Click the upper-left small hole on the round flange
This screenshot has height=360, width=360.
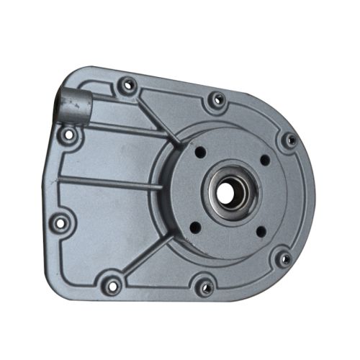pyautogui.click(x=198, y=153)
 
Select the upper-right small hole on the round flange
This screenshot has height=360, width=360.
pyautogui.click(x=264, y=159)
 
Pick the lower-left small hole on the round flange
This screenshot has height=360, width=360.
pyautogui.click(x=193, y=228)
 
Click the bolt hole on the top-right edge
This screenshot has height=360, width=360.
pyautogui.click(x=214, y=100)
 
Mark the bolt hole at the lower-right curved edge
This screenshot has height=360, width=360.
pyautogui.click(x=284, y=258)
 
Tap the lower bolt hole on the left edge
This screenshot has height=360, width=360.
pyautogui.click(x=60, y=220)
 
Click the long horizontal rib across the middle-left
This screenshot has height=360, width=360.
pyautogui.click(x=108, y=181)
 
